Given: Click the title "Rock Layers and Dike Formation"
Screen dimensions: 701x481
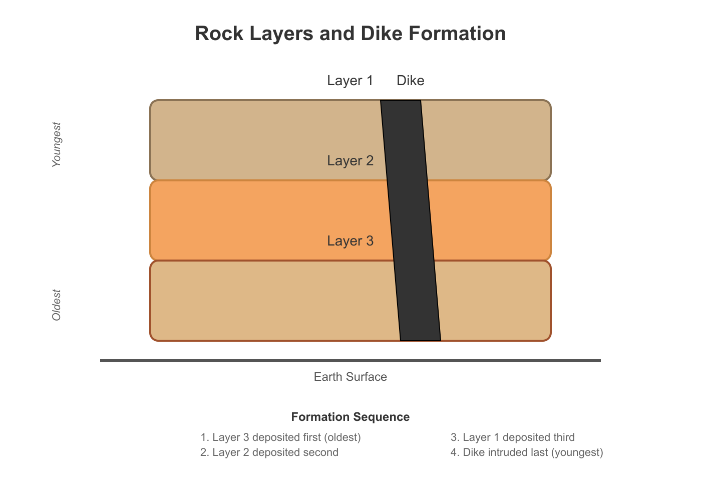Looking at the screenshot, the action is tap(350, 33).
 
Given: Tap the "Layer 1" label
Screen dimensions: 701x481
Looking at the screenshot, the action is tap(350, 81).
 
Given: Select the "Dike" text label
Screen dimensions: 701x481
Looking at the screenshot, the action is tap(410, 81).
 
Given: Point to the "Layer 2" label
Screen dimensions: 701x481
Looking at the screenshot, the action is tap(350, 161).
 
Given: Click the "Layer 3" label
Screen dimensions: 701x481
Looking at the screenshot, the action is tap(350, 241).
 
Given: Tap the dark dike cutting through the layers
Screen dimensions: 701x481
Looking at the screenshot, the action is tap(411, 220).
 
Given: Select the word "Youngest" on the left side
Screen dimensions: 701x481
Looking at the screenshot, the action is tap(56, 144).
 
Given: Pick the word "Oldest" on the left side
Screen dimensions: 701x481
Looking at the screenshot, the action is tap(56, 305).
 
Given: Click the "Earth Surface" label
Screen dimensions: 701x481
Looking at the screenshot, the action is tap(350, 377).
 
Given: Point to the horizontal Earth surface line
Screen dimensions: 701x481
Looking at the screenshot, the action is tap(350, 361).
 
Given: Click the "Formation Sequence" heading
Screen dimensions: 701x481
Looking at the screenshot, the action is tap(350, 417).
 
